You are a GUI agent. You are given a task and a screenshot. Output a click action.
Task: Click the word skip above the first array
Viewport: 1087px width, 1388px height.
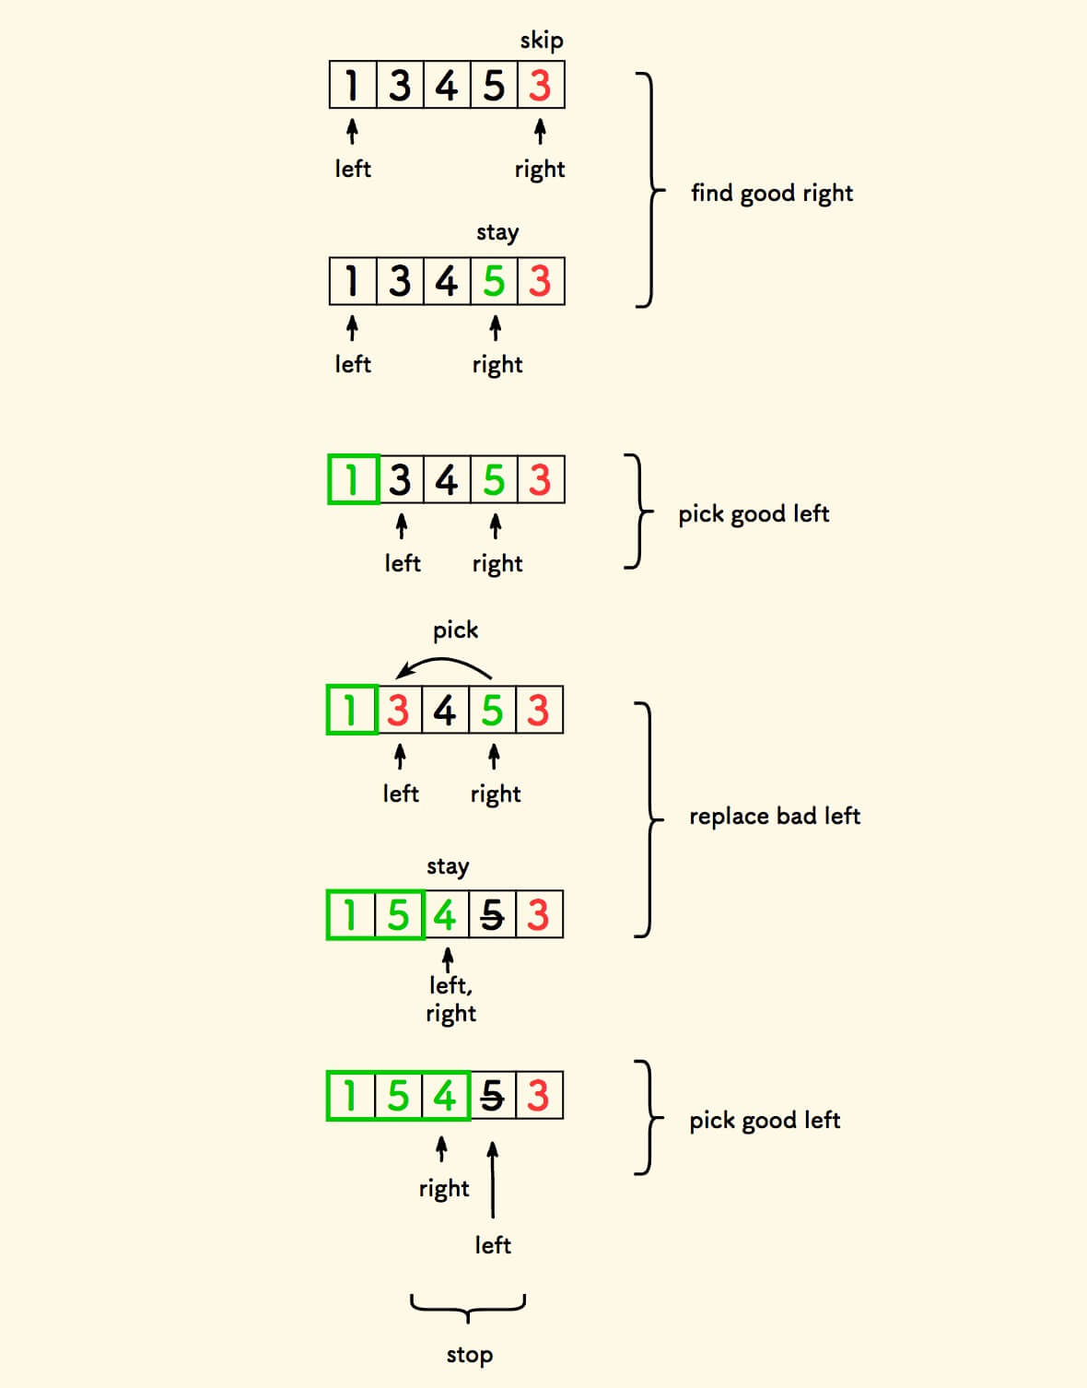pos(541,41)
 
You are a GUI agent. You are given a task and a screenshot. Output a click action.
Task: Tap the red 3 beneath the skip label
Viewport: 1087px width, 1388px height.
pos(540,86)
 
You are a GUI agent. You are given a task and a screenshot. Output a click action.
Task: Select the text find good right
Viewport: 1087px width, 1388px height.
pos(772,193)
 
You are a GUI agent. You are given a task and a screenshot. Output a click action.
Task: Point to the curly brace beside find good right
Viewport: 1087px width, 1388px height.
pos(650,191)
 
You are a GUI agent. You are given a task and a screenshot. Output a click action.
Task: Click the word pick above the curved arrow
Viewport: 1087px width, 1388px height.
pos(455,630)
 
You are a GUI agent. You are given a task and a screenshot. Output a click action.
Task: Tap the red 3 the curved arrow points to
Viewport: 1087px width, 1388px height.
pos(398,711)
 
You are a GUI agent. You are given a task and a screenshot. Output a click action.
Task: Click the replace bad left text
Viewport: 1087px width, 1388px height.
pos(775,817)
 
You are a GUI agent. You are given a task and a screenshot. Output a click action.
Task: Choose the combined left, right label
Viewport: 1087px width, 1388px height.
pos(450,999)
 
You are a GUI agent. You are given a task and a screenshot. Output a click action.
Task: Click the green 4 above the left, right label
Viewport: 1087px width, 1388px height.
pos(446,915)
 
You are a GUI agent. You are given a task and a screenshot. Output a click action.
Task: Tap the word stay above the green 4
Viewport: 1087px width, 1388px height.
pos(448,866)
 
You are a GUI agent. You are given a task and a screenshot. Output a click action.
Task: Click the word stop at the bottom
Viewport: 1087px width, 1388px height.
pos(469,1355)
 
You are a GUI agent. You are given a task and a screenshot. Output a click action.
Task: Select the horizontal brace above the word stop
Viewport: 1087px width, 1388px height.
pos(468,1306)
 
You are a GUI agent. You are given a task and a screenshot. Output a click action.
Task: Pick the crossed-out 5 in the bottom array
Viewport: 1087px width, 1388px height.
pos(493,1097)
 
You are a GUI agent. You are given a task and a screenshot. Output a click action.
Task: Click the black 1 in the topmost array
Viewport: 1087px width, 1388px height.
pos(351,86)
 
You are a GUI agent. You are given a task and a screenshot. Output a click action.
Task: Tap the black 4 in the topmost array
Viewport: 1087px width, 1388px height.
pos(447,86)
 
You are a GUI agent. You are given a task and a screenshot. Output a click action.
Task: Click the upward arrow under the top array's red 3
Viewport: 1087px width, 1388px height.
pos(540,132)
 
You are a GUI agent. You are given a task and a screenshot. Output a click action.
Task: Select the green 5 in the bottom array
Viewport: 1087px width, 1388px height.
pos(398,1097)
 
